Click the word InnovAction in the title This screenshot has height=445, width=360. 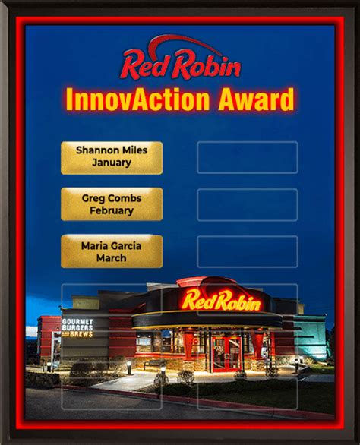click(137, 99)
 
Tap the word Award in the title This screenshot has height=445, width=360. click(256, 99)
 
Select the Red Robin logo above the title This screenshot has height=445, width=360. click(180, 58)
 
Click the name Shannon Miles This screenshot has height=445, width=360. click(112, 150)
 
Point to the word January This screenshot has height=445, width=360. click(112, 163)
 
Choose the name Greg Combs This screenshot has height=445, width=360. click(112, 198)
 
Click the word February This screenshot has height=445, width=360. click(112, 210)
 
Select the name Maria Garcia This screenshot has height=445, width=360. click(112, 246)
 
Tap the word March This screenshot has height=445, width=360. click(112, 258)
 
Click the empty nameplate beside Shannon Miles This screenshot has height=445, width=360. click(248, 157)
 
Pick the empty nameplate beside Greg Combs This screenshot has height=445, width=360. click(248, 205)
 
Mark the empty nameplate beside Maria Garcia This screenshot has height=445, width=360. click(248, 251)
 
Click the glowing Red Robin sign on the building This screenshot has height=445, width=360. click(221, 300)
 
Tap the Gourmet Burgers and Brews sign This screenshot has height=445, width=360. click(77, 328)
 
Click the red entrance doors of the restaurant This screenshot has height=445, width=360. click(227, 354)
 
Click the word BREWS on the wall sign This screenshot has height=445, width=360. click(81, 334)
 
